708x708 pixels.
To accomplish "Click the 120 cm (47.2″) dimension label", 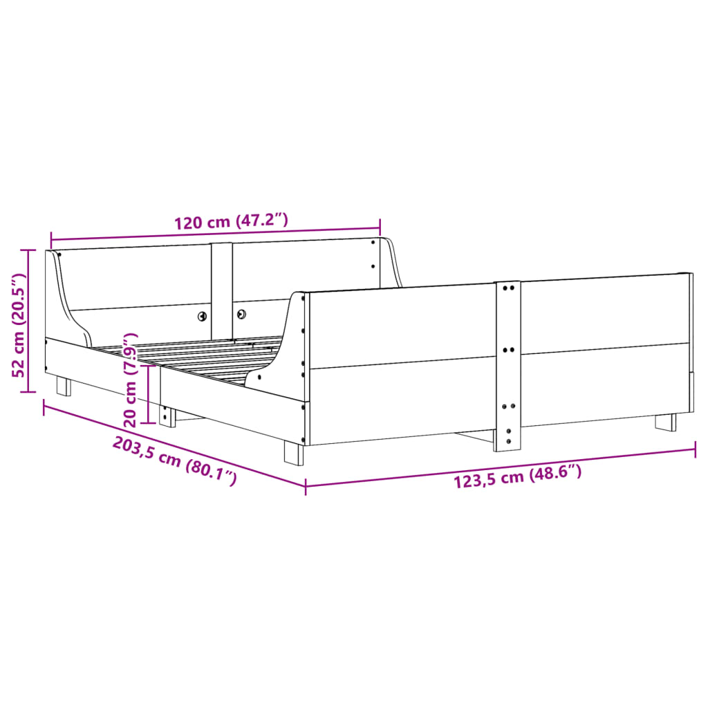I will [230, 222].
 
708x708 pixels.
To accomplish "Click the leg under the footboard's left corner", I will [293, 453].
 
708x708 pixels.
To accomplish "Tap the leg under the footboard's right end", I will [666, 422].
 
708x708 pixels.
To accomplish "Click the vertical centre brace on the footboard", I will [507, 366].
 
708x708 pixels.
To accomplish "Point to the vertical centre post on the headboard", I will [221, 287].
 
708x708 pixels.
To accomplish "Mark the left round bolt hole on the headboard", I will [202, 316].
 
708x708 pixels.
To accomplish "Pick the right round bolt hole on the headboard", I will [242, 314].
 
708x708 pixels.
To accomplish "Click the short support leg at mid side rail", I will [166, 415].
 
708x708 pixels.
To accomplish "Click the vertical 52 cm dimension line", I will [29, 320].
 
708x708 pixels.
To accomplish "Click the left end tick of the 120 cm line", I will [52, 239].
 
